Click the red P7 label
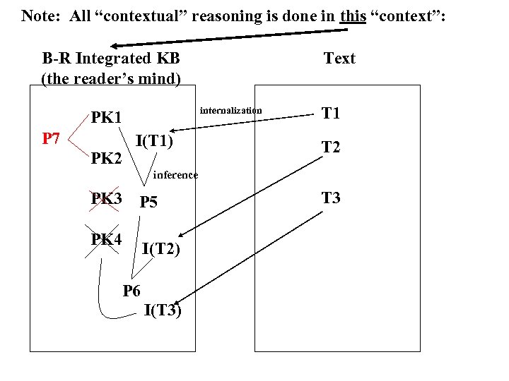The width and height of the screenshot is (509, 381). point(50,138)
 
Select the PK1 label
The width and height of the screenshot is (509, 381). point(106,116)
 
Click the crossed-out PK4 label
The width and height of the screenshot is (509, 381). point(106,239)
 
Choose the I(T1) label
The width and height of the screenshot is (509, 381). point(154,140)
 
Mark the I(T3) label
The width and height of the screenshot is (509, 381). point(163,310)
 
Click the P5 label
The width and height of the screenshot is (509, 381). point(148,202)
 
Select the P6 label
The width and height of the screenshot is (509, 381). point(132,290)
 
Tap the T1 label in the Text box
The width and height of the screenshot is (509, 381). point(331,113)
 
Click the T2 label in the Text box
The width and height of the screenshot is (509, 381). point(331,147)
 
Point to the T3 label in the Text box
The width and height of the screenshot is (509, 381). point(331,198)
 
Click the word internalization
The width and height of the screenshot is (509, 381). point(230,110)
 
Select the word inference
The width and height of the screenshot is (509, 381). point(175,174)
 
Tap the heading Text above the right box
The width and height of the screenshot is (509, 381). point(339,59)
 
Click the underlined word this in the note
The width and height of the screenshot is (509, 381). point(353,15)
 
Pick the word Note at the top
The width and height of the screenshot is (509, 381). point(40,15)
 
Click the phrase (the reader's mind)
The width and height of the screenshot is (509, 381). point(111,78)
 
